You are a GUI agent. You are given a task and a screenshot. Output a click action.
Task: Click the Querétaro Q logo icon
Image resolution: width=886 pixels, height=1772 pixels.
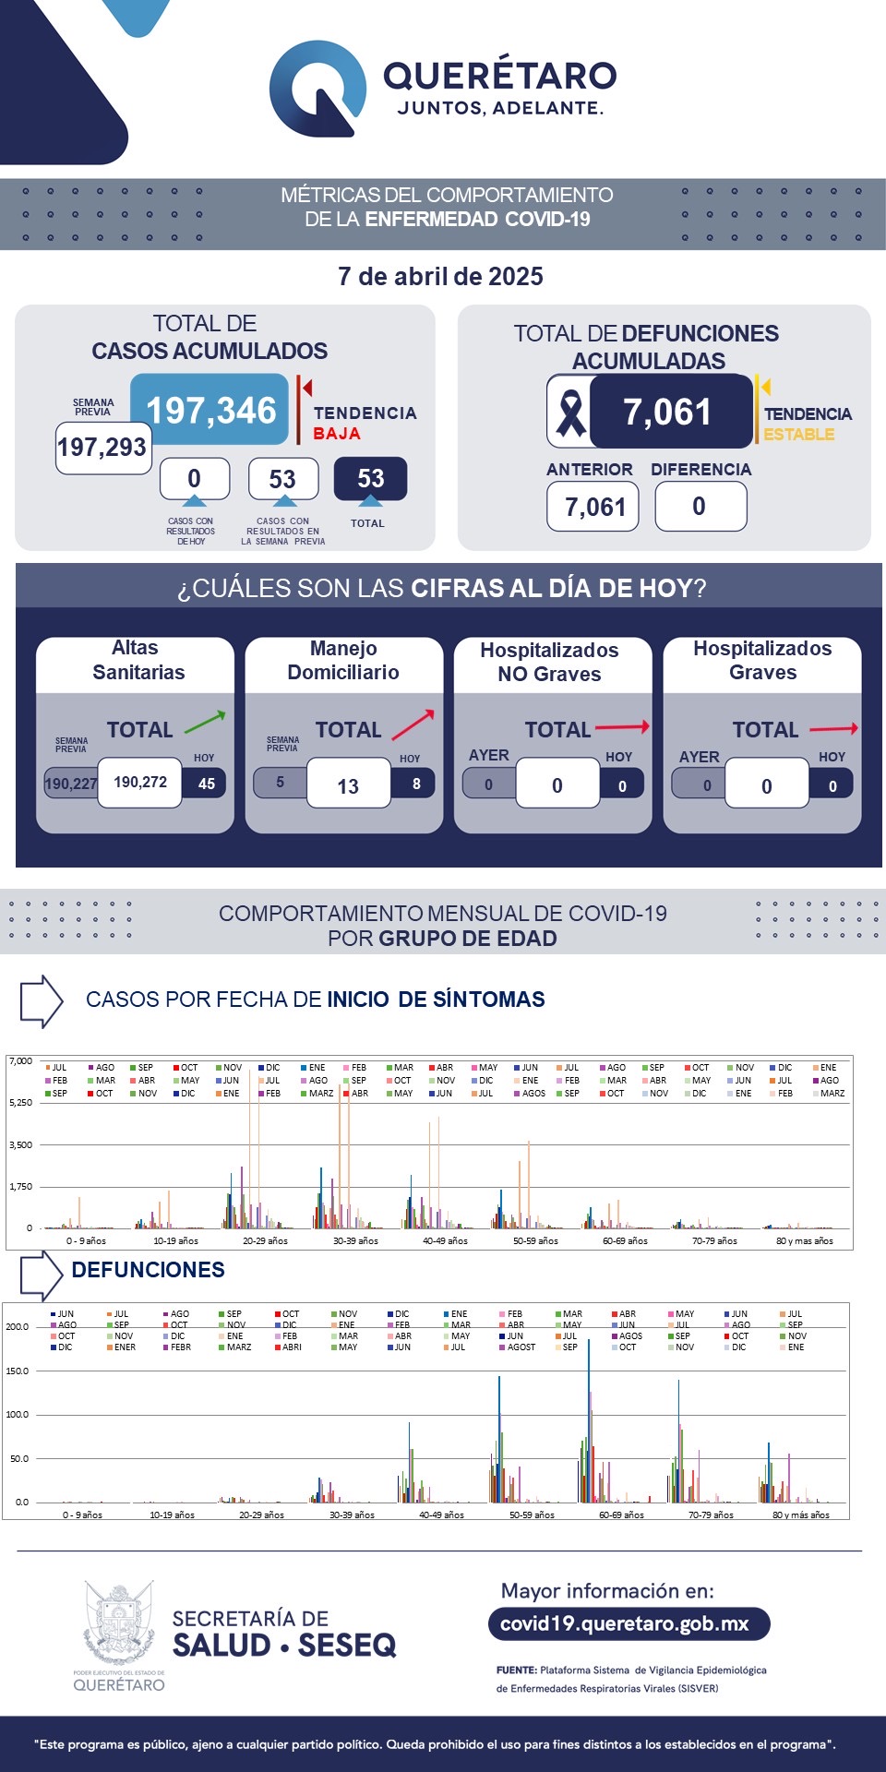coord(317,89)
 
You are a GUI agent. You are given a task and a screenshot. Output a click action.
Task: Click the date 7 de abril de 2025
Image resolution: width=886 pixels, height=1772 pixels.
coord(440,277)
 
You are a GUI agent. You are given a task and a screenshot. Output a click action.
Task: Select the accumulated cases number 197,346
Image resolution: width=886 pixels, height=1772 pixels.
coord(210,411)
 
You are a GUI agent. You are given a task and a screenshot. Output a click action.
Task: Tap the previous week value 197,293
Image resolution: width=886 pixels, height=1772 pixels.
coord(102,448)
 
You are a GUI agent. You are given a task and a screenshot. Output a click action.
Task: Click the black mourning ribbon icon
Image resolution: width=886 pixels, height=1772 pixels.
coord(570,412)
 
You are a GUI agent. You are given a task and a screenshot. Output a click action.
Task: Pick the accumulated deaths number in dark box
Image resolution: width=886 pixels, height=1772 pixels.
coord(668,412)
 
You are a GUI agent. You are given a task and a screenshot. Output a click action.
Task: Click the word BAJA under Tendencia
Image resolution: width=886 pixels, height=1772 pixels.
coord(337,434)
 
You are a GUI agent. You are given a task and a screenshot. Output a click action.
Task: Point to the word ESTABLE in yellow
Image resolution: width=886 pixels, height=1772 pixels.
coord(799,435)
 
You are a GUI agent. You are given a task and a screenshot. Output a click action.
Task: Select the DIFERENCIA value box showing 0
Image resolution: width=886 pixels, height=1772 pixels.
coord(700,507)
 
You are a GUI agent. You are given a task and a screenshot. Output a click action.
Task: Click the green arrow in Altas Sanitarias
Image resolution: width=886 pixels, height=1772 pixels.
coord(205,722)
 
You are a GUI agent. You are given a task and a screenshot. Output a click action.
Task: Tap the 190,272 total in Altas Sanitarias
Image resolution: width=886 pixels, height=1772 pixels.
coord(140,783)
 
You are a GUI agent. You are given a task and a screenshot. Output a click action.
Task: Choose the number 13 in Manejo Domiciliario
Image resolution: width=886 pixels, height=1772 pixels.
coord(348,786)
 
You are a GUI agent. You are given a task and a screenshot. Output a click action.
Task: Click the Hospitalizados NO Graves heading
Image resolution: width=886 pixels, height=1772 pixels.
coord(550,662)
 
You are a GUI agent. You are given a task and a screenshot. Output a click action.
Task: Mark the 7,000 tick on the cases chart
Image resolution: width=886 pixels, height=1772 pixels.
coord(20,1061)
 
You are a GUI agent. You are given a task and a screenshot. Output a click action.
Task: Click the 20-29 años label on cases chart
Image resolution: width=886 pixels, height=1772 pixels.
coord(265,1241)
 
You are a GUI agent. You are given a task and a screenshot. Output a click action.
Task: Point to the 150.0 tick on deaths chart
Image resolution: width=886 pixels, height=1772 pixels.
coord(18,1371)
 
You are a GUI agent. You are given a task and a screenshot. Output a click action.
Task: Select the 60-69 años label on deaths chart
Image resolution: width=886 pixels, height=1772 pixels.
coord(621,1515)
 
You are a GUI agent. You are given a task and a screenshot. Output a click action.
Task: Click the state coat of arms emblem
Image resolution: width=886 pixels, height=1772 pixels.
coord(119,1622)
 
